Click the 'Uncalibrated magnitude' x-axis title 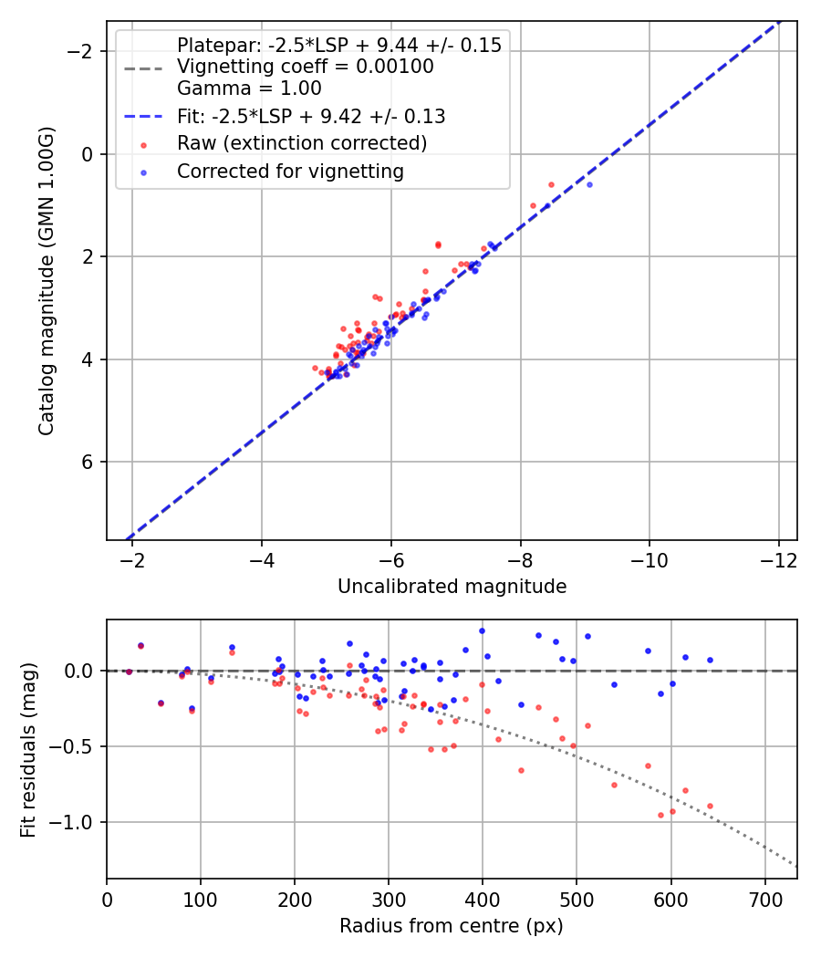(452, 587)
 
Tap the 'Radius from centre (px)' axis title (452, 926)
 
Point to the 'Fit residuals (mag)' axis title (28, 750)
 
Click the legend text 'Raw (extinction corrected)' (302, 143)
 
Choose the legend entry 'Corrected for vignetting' (290, 171)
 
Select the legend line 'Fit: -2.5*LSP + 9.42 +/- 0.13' (311, 117)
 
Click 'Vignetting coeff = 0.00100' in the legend (306, 67)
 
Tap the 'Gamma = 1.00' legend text (249, 89)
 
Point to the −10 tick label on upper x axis (649, 558)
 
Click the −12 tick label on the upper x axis (778, 558)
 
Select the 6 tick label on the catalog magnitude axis (88, 463)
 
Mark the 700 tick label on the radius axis (764, 898)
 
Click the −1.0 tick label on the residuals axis (78, 823)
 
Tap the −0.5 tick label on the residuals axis (78, 747)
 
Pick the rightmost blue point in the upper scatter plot (589, 184)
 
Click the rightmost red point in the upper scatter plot (551, 184)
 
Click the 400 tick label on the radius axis (482, 898)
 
